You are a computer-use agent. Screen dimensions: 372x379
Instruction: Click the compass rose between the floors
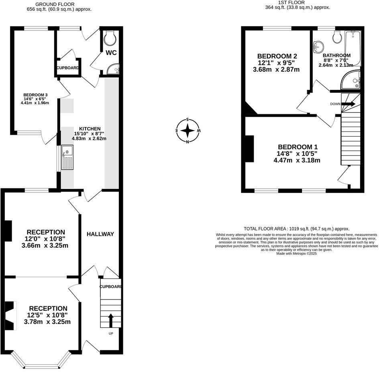[187, 131]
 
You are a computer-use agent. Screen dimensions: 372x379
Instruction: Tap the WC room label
[111, 53]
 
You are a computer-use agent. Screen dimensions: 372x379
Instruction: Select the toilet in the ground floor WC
[109, 38]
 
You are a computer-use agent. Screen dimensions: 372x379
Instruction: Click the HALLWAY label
[100, 234]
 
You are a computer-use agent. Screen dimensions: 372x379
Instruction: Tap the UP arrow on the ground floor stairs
[110, 320]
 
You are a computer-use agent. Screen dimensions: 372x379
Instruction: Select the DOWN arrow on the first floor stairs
[348, 104]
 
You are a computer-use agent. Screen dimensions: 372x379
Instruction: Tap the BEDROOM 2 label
[277, 56]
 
